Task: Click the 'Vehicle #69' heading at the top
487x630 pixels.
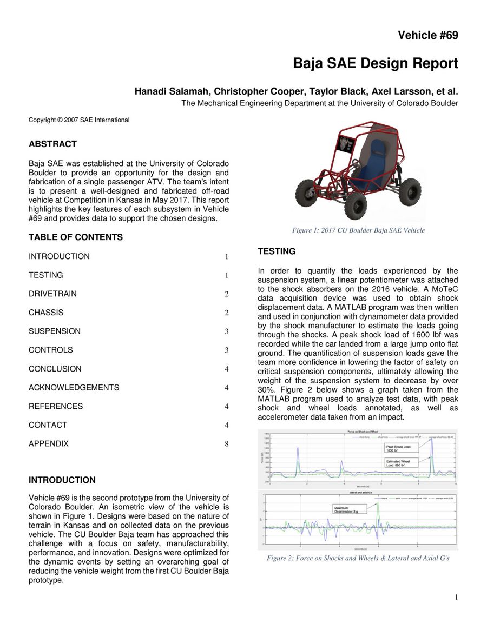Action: point(427,36)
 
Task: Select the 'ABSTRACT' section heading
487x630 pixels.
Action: point(52,144)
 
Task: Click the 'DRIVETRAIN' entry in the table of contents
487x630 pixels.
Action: point(52,294)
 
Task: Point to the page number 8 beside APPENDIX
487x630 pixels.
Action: point(227,444)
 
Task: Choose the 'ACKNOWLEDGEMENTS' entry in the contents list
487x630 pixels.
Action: point(74,387)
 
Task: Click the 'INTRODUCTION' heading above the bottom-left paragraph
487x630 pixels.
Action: point(62,480)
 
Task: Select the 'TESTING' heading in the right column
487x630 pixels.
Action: point(277,251)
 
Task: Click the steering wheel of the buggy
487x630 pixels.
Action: point(356,163)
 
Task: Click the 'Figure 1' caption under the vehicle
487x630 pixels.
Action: point(358,230)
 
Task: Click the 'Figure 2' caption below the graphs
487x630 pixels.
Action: point(358,558)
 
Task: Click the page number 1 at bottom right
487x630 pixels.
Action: point(456,597)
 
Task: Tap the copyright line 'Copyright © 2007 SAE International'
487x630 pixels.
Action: point(79,120)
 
